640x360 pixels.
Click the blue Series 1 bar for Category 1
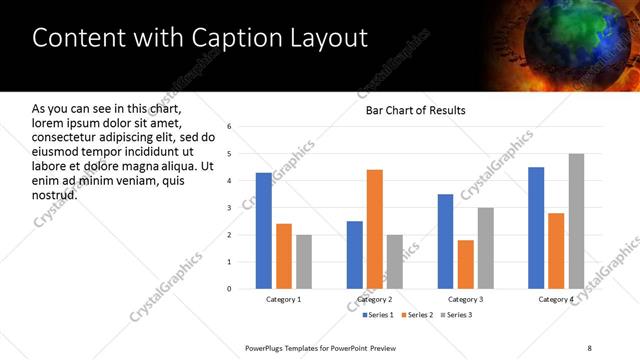coord(264,231)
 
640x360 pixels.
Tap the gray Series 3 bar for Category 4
coord(576,221)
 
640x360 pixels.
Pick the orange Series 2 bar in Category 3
coord(466,264)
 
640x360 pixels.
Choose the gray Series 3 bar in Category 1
coord(304,262)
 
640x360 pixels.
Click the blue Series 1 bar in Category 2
coord(355,255)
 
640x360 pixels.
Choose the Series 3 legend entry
coord(455,316)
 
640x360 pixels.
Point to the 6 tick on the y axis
coord(230,127)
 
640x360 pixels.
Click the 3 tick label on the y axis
coord(230,208)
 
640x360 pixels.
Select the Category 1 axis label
coord(284,300)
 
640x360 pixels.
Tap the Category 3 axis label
coord(466,300)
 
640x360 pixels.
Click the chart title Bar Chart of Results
coord(415,109)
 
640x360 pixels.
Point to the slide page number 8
coord(590,347)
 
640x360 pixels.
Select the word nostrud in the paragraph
coord(55,194)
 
